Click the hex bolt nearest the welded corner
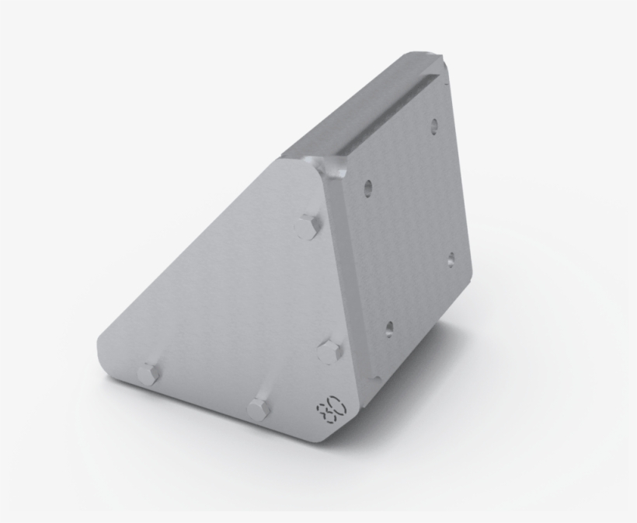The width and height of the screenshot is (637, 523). (x=308, y=227)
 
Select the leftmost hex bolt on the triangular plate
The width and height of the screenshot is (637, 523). (x=148, y=375)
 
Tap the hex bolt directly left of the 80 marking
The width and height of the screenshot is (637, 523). (x=259, y=409)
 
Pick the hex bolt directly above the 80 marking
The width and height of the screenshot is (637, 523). (x=329, y=351)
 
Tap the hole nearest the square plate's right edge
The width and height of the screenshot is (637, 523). (x=451, y=260)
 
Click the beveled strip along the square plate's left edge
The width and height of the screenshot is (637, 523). (x=346, y=272)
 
